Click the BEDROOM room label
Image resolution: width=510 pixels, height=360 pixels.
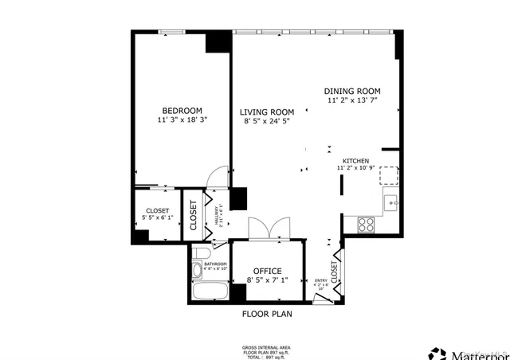click(x=182, y=111)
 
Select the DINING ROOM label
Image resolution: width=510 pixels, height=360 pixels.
click(x=352, y=92)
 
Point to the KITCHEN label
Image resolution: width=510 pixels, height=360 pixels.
click(x=355, y=160)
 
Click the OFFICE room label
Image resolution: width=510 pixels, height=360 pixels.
click(x=267, y=272)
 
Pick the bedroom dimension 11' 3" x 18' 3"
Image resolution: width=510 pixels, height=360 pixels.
click(x=182, y=120)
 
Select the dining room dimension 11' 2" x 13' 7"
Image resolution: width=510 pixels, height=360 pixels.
click(x=352, y=101)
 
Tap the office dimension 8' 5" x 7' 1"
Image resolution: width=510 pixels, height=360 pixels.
click(x=267, y=280)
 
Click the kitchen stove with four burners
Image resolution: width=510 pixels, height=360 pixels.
click(x=367, y=225)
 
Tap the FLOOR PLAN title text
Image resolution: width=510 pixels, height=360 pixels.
click(x=267, y=314)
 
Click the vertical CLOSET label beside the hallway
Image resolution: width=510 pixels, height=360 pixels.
click(x=194, y=213)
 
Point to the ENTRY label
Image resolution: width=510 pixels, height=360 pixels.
click(x=321, y=280)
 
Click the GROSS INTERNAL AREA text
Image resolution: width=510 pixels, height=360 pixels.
click(x=266, y=347)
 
